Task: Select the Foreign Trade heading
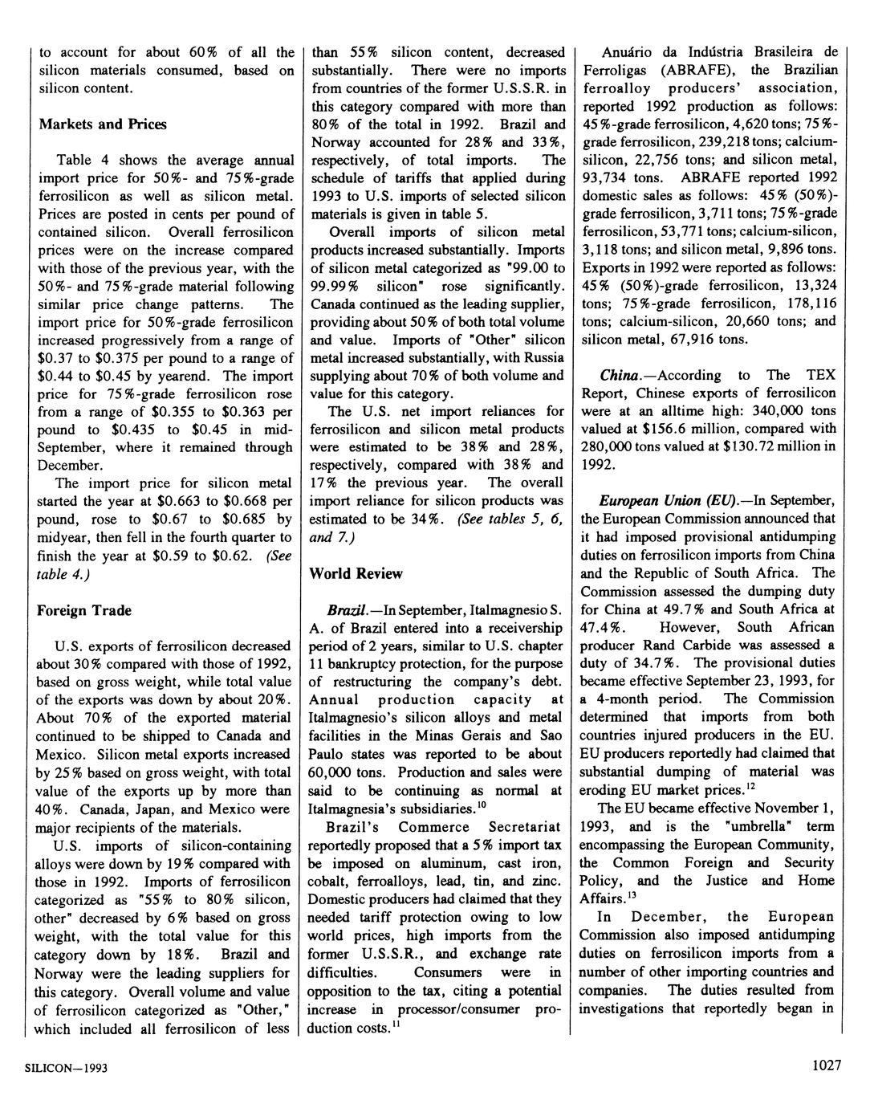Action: coord(83,611)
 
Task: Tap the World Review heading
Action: coord(356,574)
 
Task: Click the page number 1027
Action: coord(826,1065)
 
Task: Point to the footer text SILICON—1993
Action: coord(65,1069)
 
